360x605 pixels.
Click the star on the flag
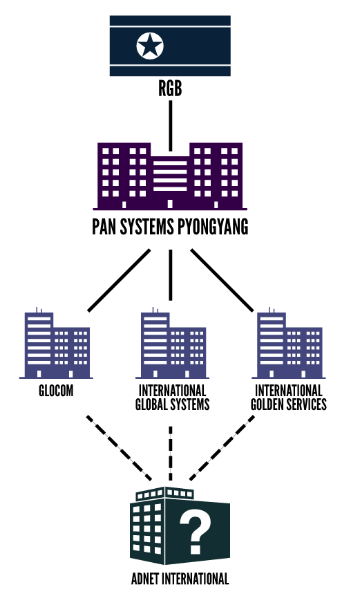coord(150,46)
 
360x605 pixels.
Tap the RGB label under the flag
coord(170,89)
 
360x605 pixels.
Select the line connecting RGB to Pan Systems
coord(171,126)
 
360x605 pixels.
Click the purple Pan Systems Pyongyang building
coord(170,176)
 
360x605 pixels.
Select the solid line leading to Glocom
coord(119,280)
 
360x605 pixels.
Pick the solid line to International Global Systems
coord(171,274)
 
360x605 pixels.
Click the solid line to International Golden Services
coord(222,280)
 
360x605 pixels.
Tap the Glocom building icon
coord(56,344)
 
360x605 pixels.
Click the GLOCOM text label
coord(56,391)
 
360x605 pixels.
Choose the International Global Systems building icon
coord(172,344)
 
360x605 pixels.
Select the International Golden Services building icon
coord(289,344)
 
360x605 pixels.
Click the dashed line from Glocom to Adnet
coord(119,448)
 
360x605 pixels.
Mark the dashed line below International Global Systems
coord(171,454)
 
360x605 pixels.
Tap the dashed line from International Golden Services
coord(222,448)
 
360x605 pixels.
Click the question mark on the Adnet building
coord(196,530)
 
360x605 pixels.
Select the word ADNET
coord(145,579)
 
